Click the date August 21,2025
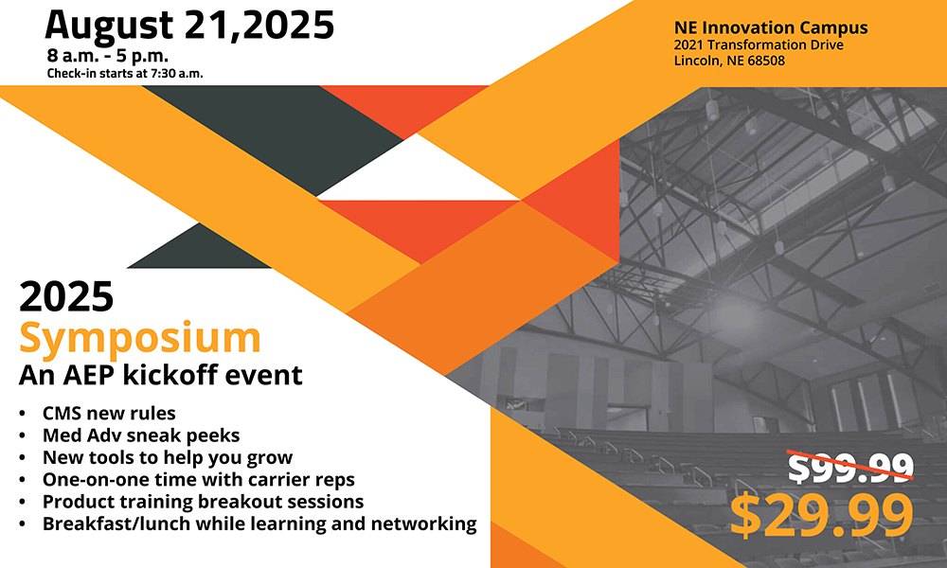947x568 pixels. coord(189,26)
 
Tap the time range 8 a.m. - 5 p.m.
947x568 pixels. coord(108,56)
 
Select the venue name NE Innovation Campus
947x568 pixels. coord(771,27)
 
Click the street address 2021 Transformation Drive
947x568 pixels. coord(759,44)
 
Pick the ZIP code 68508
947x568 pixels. coord(766,61)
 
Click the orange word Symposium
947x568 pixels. coord(139,339)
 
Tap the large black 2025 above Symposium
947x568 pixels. coord(66,296)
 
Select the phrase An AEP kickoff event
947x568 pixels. coord(161,375)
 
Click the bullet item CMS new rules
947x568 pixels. coord(109,413)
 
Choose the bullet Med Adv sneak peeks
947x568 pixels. coord(141,435)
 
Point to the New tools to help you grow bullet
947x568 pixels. coord(168,457)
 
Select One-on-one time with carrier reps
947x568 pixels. coord(199,479)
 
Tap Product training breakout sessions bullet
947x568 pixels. coord(203,502)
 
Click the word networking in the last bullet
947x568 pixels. coord(423,524)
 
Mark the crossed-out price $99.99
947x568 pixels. coord(850,467)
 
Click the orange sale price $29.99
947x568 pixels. coord(821,515)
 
